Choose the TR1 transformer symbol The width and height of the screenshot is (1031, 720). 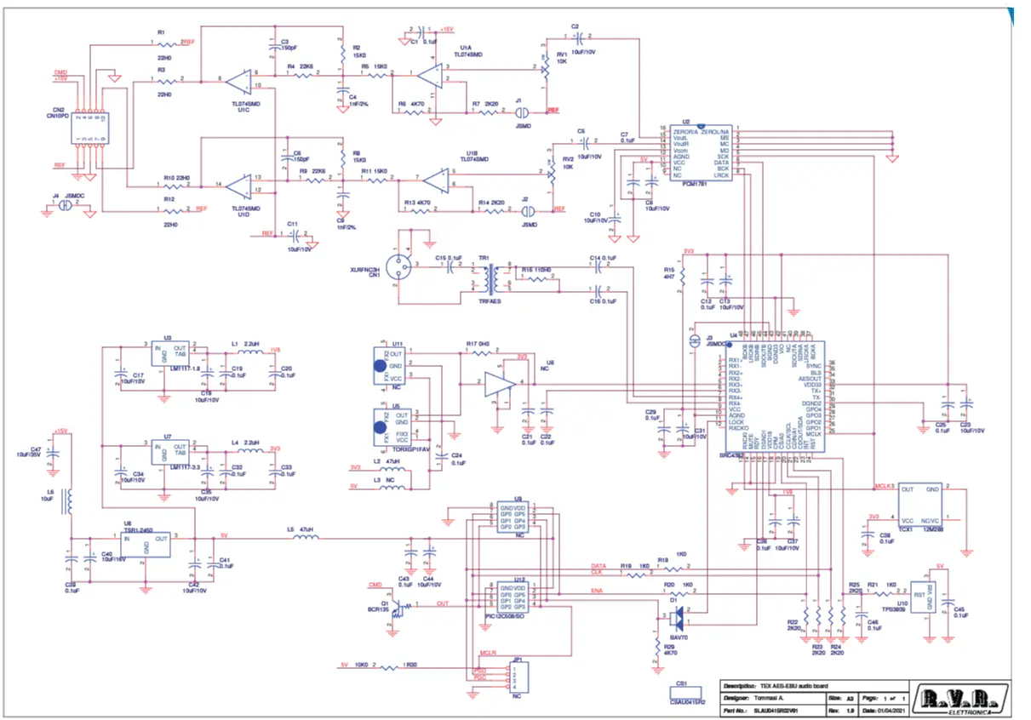coord(489,277)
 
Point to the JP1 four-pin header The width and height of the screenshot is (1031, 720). coord(517,677)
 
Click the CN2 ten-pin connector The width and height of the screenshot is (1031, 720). coord(87,127)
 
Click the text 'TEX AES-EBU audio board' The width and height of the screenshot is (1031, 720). coord(788,685)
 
